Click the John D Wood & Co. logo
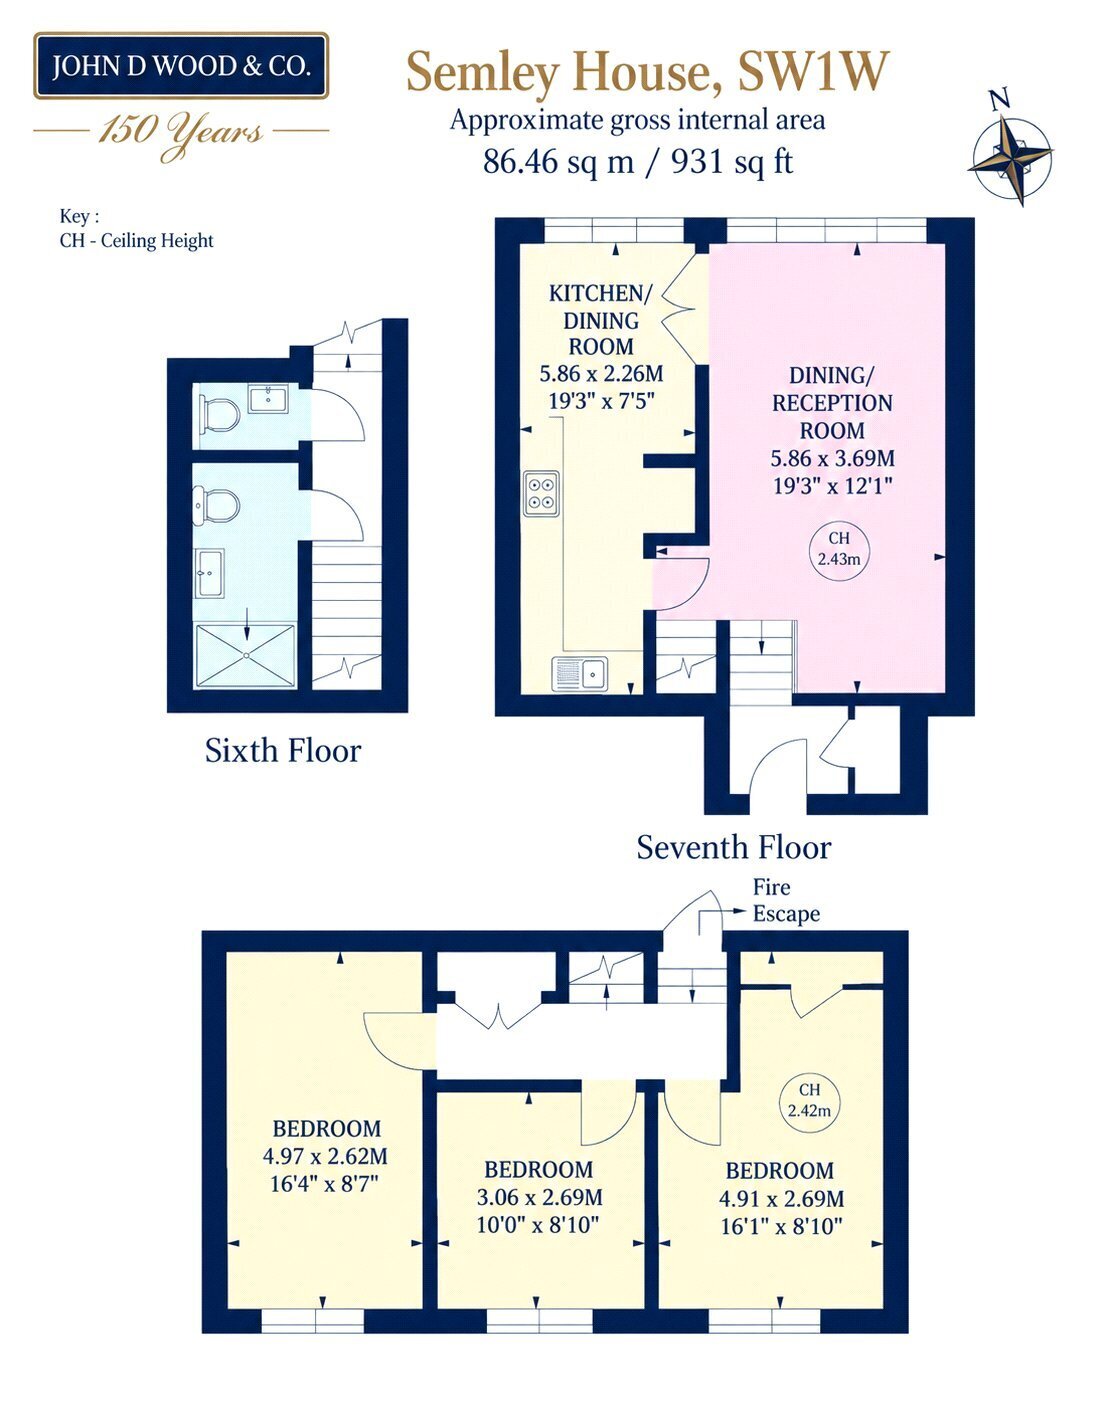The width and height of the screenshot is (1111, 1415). click(x=181, y=66)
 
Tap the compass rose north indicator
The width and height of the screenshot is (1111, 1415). click(x=1000, y=100)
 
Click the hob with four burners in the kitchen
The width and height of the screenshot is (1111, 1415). click(x=541, y=494)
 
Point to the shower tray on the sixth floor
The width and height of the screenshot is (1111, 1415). click(x=246, y=656)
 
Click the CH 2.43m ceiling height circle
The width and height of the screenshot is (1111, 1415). click(x=839, y=548)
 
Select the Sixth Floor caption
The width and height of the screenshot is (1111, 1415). click(x=283, y=751)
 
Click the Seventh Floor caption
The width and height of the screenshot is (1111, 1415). click(x=734, y=848)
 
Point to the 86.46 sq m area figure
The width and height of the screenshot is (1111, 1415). click(x=558, y=162)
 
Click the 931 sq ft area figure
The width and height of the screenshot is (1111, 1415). click(x=732, y=162)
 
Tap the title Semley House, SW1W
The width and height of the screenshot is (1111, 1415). click(x=648, y=72)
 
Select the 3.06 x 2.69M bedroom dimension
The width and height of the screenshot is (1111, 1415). click(x=539, y=1197)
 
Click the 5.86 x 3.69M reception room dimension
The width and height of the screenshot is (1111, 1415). click(x=832, y=458)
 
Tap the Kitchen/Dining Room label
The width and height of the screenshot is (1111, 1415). click(x=600, y=320)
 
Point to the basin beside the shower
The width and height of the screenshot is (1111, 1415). click(x=210, y=573)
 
